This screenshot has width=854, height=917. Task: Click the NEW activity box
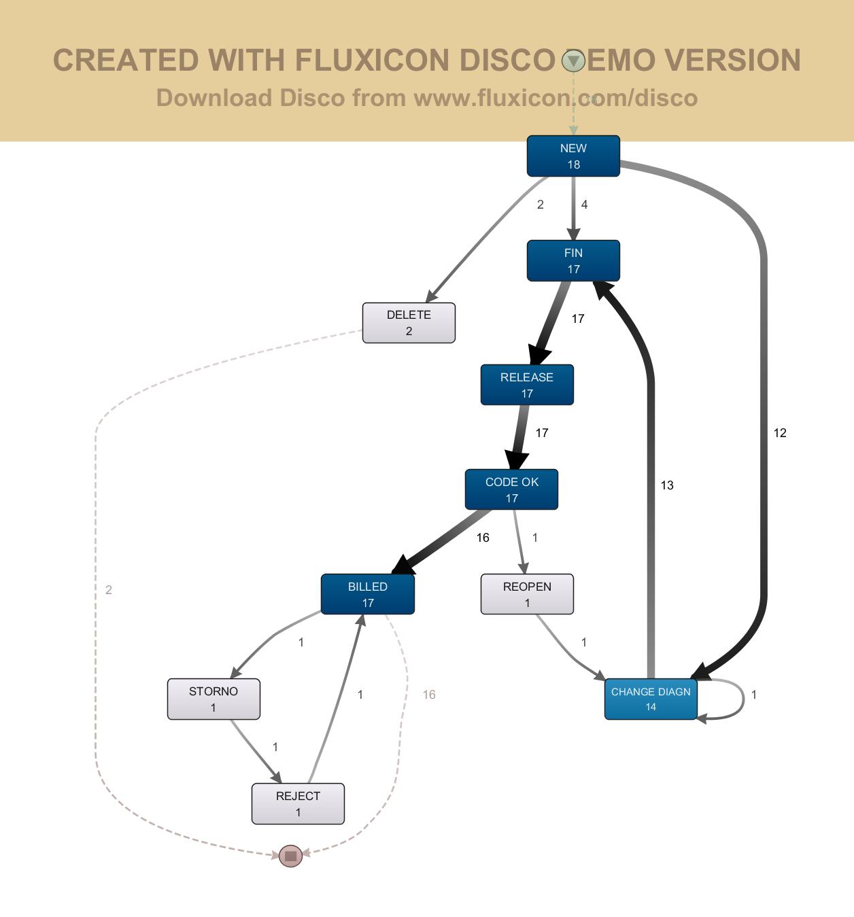pos(573,156)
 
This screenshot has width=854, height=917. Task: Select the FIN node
pos(573,260)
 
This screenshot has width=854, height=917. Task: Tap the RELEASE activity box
pos(527,385)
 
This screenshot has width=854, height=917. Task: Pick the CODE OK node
pos(511,489)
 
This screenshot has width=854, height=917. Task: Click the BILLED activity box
pos(367,594)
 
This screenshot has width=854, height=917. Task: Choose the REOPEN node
pos(527,594)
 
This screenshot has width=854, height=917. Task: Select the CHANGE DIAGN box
pos(651,699)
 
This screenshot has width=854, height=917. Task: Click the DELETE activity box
pos(409,323)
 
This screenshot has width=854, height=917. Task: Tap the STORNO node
pos(213,699)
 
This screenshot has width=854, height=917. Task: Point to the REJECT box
pos(298,803)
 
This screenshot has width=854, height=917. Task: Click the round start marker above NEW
pos(573,61)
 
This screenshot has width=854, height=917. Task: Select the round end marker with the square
pos(291,856)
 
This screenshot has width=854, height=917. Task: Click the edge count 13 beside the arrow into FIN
pos(667,485)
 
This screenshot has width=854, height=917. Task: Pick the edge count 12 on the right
pos(780,433)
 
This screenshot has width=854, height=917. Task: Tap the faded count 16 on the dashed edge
pos(429,694)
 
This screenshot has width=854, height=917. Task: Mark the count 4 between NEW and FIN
pos(584,205)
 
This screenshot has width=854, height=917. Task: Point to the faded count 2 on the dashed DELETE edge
pos(109,590)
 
